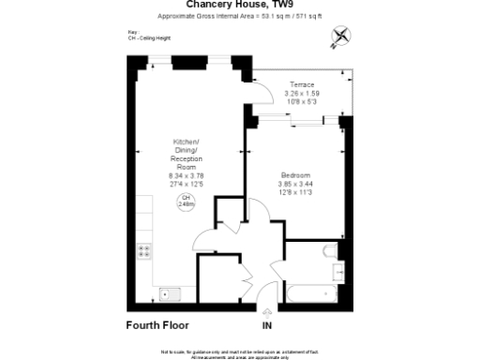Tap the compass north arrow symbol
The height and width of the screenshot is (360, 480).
coord(338,37)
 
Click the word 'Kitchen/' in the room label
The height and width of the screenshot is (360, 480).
coord(186,142)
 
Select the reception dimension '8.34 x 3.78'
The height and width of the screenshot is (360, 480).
coord(186,175)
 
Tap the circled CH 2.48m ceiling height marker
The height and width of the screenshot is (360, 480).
coord(186,201)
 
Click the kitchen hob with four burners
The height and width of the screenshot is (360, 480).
coord(145,250)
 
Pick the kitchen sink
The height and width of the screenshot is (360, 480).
coord(169,292)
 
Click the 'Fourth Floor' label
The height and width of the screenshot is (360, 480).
coord(157,325)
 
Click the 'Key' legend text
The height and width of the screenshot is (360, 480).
coord(131,33)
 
